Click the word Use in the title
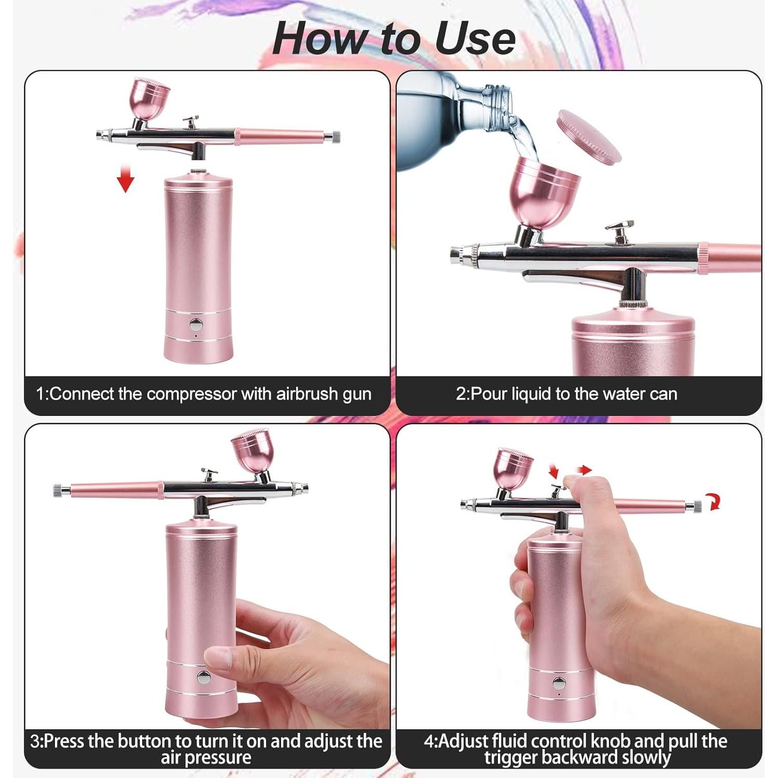tap(475, 38)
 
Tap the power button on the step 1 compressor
tap(196, 325)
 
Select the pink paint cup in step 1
tap(150, 99)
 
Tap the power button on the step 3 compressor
tap(203, 677)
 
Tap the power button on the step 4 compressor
tap(559, 683)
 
